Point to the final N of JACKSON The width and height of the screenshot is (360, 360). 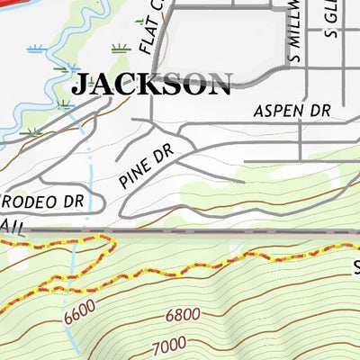[x=219, y=85]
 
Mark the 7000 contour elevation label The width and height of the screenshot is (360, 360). [x=168, y=344]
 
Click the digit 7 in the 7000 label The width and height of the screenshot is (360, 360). [x=156, y=346]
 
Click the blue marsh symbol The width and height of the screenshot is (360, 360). [x=37, y=49]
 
